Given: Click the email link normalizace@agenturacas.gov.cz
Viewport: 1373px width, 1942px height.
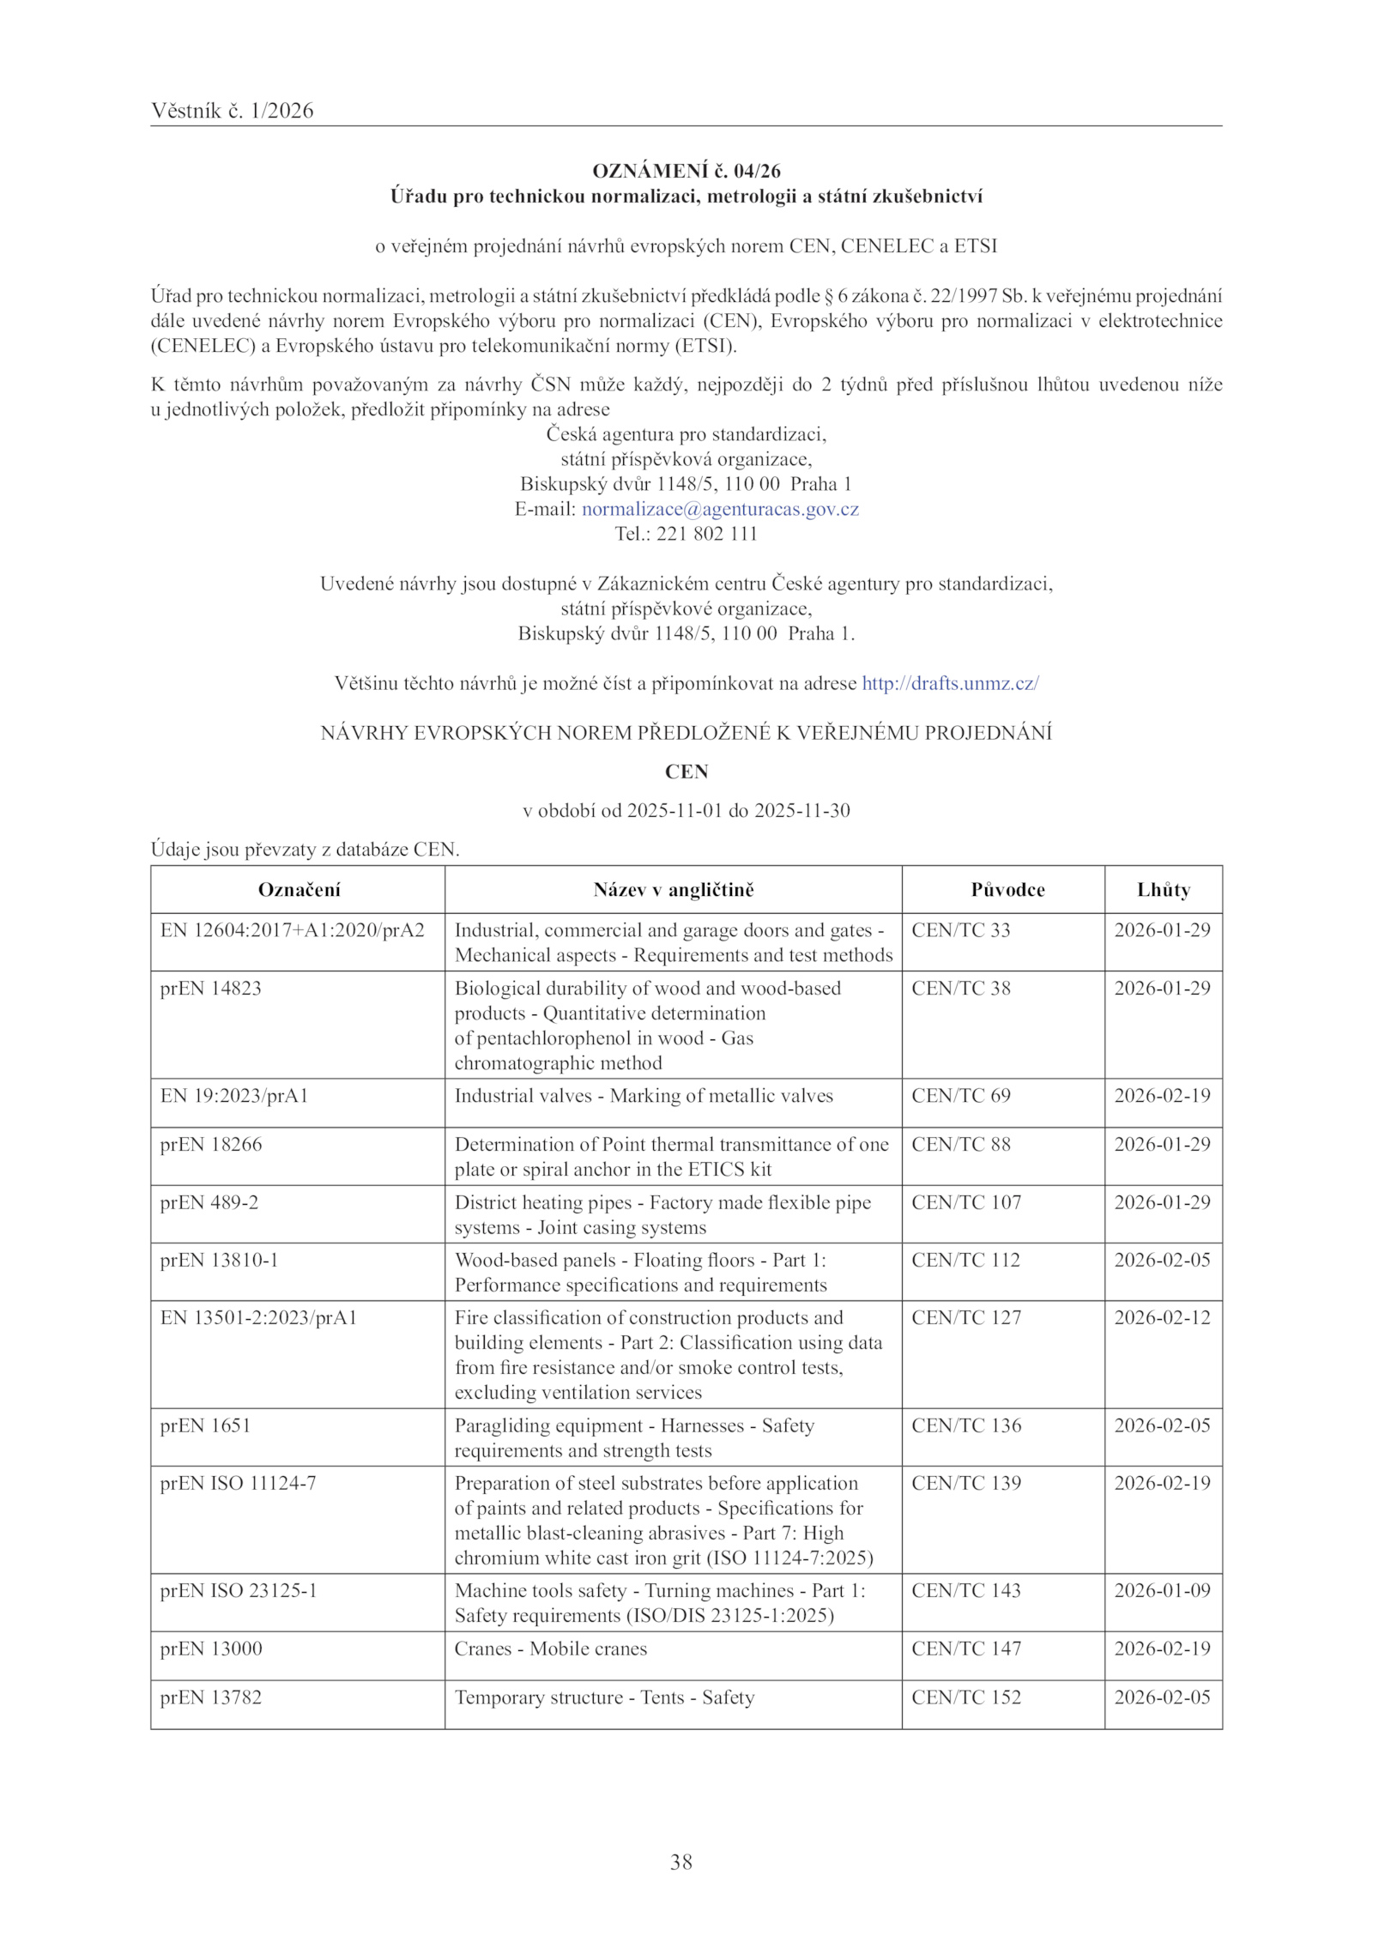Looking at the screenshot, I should (x=720, y=509).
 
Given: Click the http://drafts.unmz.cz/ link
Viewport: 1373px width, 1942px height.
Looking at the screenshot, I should (x=950, y=683).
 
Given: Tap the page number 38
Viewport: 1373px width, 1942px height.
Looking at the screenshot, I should (x=681, y=1861).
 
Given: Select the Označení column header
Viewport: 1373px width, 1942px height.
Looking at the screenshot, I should (x=299, y=890).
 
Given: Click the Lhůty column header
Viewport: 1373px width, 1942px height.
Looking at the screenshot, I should (x=1163, y=890).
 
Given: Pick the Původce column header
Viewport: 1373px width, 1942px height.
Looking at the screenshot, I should (x=1007, y=890).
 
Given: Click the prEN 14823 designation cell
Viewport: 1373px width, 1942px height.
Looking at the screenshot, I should (x=210, y=989).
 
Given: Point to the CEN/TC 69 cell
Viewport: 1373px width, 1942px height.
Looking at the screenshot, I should (x=961, y=1096).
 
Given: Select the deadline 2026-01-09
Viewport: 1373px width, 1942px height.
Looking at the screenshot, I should (x=1162, y=1590).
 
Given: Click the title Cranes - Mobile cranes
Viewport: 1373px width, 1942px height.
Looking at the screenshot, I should (x=550, y=1649).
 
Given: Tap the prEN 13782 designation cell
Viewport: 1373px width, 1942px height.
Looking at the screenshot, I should (x=210, y=1697).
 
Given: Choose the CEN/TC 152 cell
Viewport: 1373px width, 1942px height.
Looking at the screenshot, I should (x=966, y=1697).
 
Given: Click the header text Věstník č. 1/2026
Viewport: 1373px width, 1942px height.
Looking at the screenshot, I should (x=232, y=111).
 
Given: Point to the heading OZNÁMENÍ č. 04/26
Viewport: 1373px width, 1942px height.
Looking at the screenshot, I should (x=686, y=172).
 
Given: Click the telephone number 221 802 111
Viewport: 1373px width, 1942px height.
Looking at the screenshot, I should (x=706, y=534).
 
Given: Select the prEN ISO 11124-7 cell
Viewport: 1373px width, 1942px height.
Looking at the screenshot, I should (x=238, y=1483).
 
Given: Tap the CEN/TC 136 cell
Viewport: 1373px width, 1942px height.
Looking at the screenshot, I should (x=966, y=1425).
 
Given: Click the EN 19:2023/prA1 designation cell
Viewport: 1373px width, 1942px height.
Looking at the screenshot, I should (x=233, y=1096).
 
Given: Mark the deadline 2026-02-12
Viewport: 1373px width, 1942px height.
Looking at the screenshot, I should (x=1162, y=1317).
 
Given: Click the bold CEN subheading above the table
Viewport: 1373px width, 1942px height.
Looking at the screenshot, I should (x=686, y=771).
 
